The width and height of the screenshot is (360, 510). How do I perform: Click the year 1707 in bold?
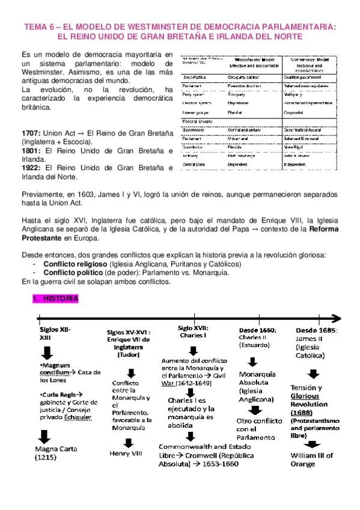31,132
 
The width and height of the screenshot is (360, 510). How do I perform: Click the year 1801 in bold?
31,150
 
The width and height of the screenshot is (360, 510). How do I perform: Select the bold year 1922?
31,168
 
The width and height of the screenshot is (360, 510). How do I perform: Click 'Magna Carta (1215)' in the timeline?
53,452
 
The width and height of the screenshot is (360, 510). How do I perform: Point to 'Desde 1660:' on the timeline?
257,330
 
